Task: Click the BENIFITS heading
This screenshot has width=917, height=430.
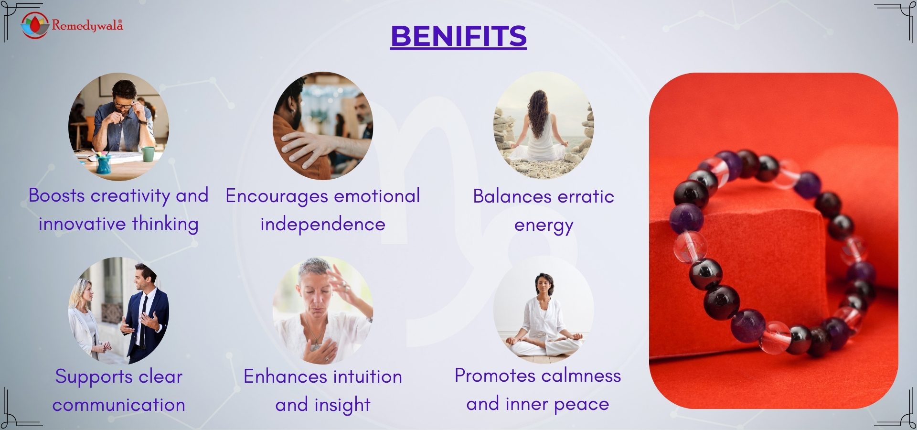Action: pos(458,36)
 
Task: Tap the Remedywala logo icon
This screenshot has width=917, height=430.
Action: pos(35,25)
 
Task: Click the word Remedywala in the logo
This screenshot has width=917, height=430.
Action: pos(87,25)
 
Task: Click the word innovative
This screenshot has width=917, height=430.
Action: pos(82,224)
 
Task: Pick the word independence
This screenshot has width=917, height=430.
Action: pos(323,225)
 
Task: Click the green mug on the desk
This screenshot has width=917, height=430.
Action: pos(148,154)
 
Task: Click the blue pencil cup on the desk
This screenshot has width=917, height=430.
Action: pos(104,164)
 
